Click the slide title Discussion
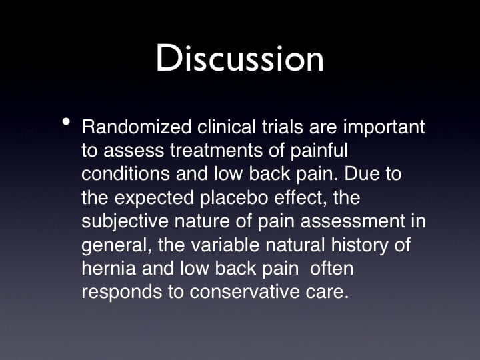pos(240,58)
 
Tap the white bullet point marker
pos(66,122)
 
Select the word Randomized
pos(137,127)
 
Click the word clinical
pos(226,127)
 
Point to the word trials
pos(283,127)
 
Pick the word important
pos(384,127)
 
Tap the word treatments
pos(217,150)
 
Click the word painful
pos(319,150)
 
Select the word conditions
pos(125,173)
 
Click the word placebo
pos(234,197)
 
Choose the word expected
pos(154,197)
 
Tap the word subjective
pos(125,221)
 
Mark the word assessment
pos(353,221)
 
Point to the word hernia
pos(109,268)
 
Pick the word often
pos(331,268)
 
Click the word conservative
pos(245,292)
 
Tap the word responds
pos(122,292)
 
